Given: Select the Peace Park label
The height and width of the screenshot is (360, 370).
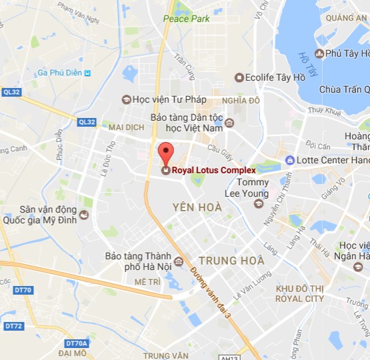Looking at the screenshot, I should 187,19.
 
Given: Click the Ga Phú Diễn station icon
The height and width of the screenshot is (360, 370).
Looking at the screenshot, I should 87,73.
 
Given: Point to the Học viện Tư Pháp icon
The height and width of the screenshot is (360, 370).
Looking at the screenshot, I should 126,99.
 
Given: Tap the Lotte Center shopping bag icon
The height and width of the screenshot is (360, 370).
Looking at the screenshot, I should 289,160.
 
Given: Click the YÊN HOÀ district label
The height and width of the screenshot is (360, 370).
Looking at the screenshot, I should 197,207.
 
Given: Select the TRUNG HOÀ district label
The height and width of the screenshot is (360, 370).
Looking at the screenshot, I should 232,260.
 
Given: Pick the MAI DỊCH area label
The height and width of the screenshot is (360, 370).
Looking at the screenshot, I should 126,127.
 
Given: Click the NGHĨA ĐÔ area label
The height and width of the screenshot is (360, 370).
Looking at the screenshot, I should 241,100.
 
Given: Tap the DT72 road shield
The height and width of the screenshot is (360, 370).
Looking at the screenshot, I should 13,326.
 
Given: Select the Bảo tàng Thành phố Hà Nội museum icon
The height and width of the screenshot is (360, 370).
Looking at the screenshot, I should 179,261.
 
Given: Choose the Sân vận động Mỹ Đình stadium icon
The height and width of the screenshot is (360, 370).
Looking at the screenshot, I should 83,214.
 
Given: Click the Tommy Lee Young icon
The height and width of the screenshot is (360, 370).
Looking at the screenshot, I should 259,203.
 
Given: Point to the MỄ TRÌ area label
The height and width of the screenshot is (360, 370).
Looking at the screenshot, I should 147,282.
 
